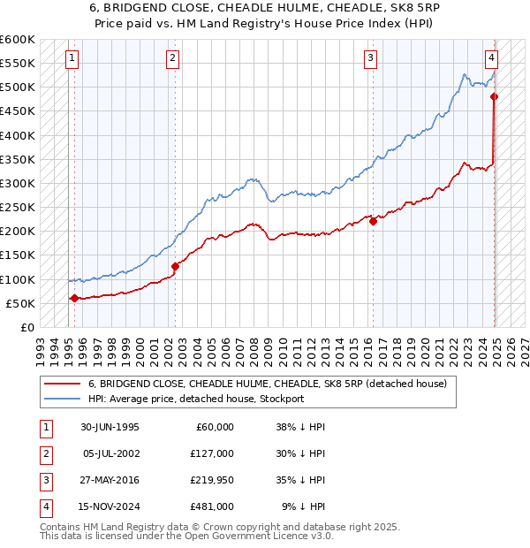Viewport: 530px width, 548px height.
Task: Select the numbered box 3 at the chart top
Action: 370,58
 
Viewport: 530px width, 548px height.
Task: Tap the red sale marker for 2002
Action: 175,266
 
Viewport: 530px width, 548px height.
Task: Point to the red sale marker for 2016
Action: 374,222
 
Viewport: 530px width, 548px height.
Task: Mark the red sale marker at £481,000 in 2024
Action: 495,96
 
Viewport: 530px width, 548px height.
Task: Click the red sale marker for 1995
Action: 74,298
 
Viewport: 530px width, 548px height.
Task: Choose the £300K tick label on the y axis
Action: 18,183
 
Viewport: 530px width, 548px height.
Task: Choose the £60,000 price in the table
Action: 214,427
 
